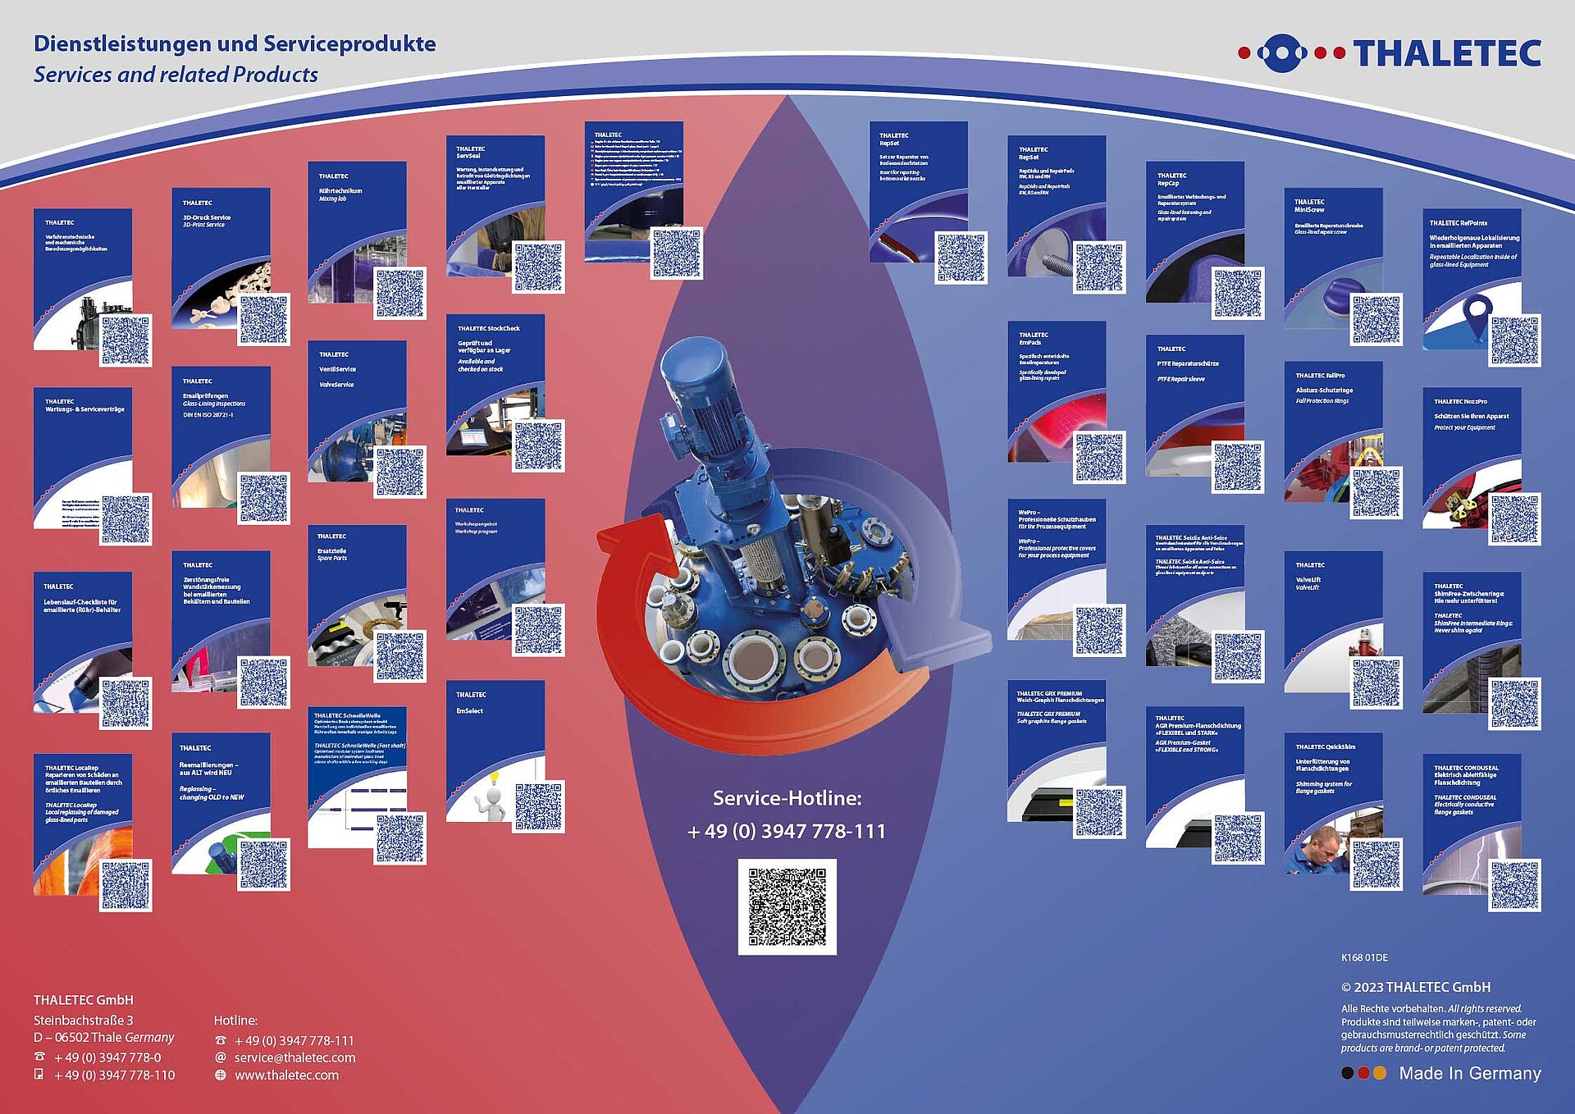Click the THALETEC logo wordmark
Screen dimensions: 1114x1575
tap(1447, 53)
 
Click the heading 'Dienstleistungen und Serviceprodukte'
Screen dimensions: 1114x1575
tap(235, 43)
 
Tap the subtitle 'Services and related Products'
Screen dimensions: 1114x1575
tap(176, 75)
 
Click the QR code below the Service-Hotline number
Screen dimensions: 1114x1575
tap(787, 906)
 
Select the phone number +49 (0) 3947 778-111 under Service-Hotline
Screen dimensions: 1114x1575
tap(787, 831)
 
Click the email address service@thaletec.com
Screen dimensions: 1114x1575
tap(294, 1057)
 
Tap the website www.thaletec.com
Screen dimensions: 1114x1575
tap(286, 1075)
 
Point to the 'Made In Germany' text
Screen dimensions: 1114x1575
tap(1469, 1073)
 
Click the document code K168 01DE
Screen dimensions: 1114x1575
tap(1364, 957)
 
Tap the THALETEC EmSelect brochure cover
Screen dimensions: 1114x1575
tap(495, 738)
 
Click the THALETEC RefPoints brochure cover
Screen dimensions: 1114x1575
tap(1472, 271)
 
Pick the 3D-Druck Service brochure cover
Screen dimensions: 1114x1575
tap(221, 246)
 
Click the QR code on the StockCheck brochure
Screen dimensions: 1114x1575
tap(538, 445)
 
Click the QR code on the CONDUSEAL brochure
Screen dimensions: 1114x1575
tap(1514, 885)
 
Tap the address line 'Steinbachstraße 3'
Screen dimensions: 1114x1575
tap(83, 1020)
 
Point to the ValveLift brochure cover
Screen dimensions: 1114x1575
tap(1333, 611)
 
